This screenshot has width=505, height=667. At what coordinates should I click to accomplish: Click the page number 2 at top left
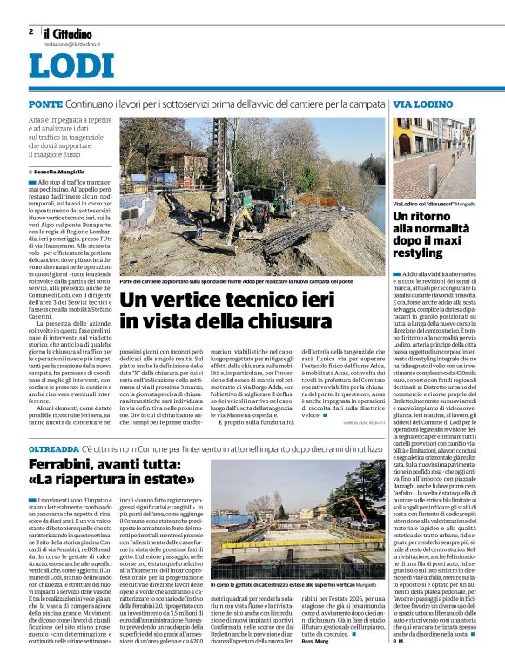coord(30,30)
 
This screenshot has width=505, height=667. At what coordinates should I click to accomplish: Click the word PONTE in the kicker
coord(45,104)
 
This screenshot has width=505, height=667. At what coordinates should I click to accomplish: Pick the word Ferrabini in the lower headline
coord(70,465)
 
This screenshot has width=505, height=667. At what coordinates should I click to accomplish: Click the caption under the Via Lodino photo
coord(430,202)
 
